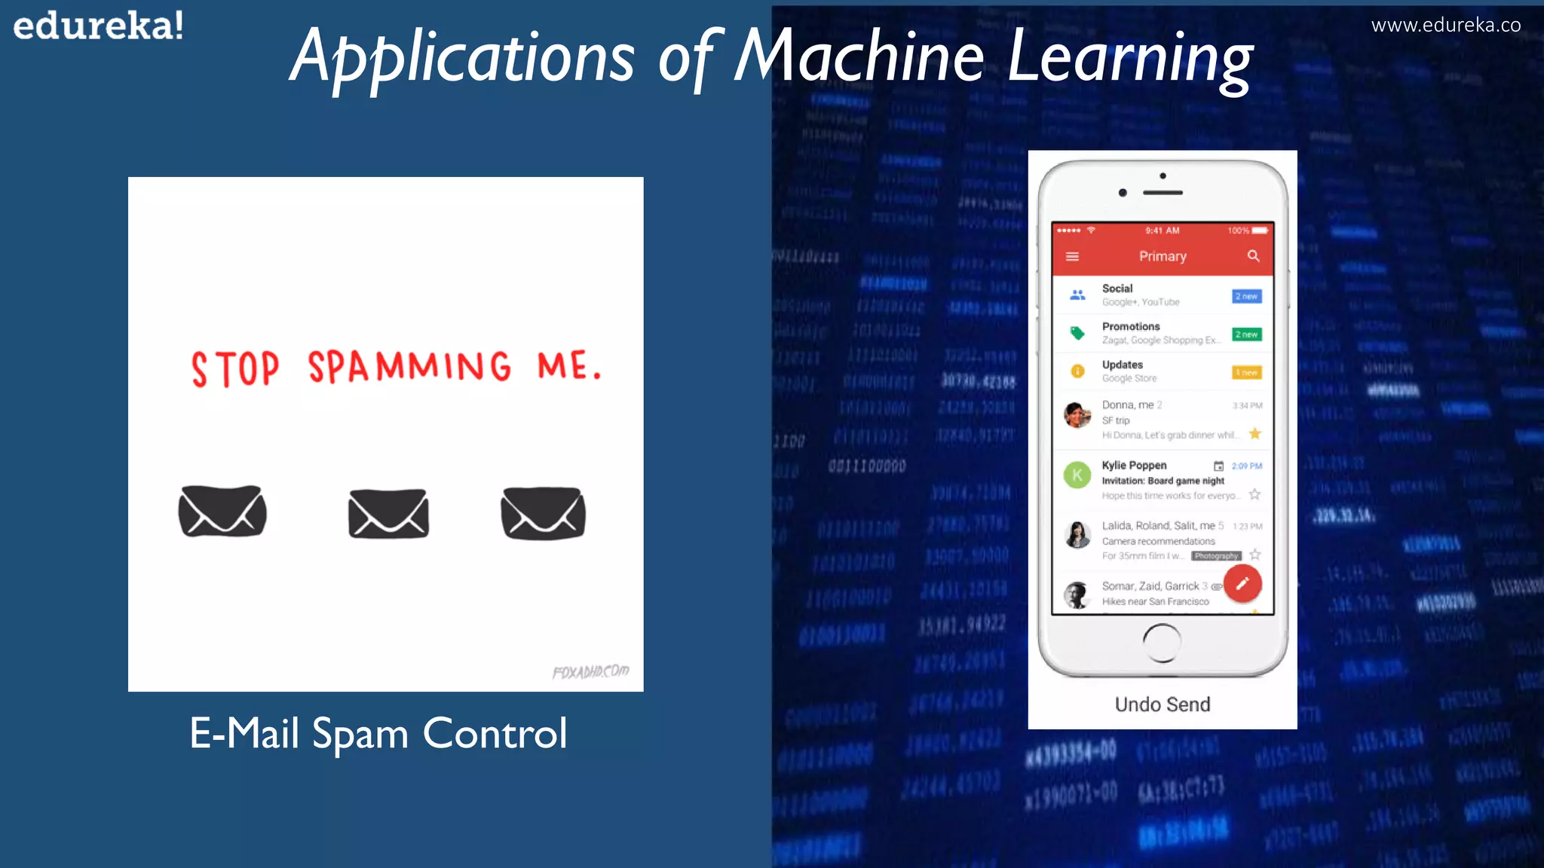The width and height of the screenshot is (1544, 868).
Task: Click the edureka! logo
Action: [98, 26]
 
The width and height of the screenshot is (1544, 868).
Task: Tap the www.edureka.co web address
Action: [1445, 26]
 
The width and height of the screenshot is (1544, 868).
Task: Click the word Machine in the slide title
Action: [859, 57]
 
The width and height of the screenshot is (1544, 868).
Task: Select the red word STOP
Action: [235, 369]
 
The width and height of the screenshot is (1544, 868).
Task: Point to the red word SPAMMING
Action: [409, 367]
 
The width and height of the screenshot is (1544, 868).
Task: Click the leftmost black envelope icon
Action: [222, 512]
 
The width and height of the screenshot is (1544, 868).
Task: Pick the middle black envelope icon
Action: [388, 514]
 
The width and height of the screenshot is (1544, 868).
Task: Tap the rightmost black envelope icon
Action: [543, 513]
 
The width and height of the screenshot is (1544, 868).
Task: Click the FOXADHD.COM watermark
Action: [590, 671]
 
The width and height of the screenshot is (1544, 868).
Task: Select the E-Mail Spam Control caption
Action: [378, 733]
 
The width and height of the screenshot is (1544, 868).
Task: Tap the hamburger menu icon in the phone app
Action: [1072, 257]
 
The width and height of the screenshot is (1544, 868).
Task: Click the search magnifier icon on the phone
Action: [1253, 256]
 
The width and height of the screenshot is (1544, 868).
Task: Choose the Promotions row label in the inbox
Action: [1131, 326]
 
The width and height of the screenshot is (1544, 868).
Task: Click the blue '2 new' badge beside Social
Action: [1246, 296]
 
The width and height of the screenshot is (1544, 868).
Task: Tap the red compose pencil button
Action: [1242, 583]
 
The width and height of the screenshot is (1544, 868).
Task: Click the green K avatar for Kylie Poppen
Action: [1077, 475]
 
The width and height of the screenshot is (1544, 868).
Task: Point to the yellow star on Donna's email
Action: [1254, 433]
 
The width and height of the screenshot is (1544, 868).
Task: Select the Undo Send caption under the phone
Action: [1163, 704]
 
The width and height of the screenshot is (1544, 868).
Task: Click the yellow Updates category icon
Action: [1077, 371]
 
